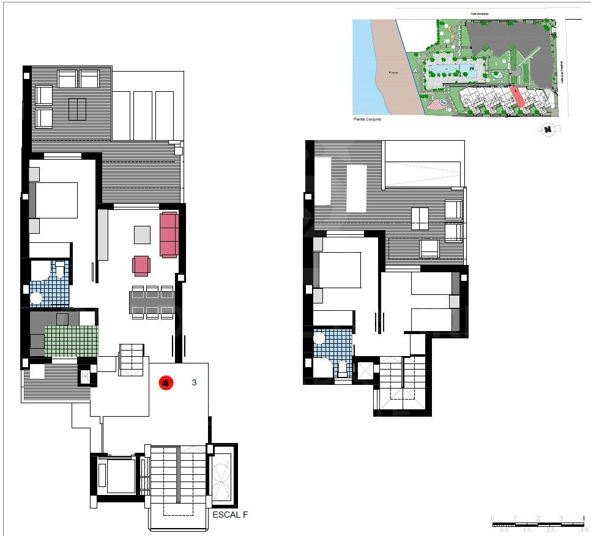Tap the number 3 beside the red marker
(194, 383)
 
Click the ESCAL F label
(230, 515)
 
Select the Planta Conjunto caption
(367, 119)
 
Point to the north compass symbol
(549, 128)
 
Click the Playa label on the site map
(394, 72)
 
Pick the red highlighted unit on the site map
(519, 98)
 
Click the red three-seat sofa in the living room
(169, 234)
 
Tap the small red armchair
(141, 265)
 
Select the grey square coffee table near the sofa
(142, 235)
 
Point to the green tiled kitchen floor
(71, 340)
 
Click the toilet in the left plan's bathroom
(60, 269)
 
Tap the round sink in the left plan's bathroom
(37, 299)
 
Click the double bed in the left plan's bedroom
(54, 199)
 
